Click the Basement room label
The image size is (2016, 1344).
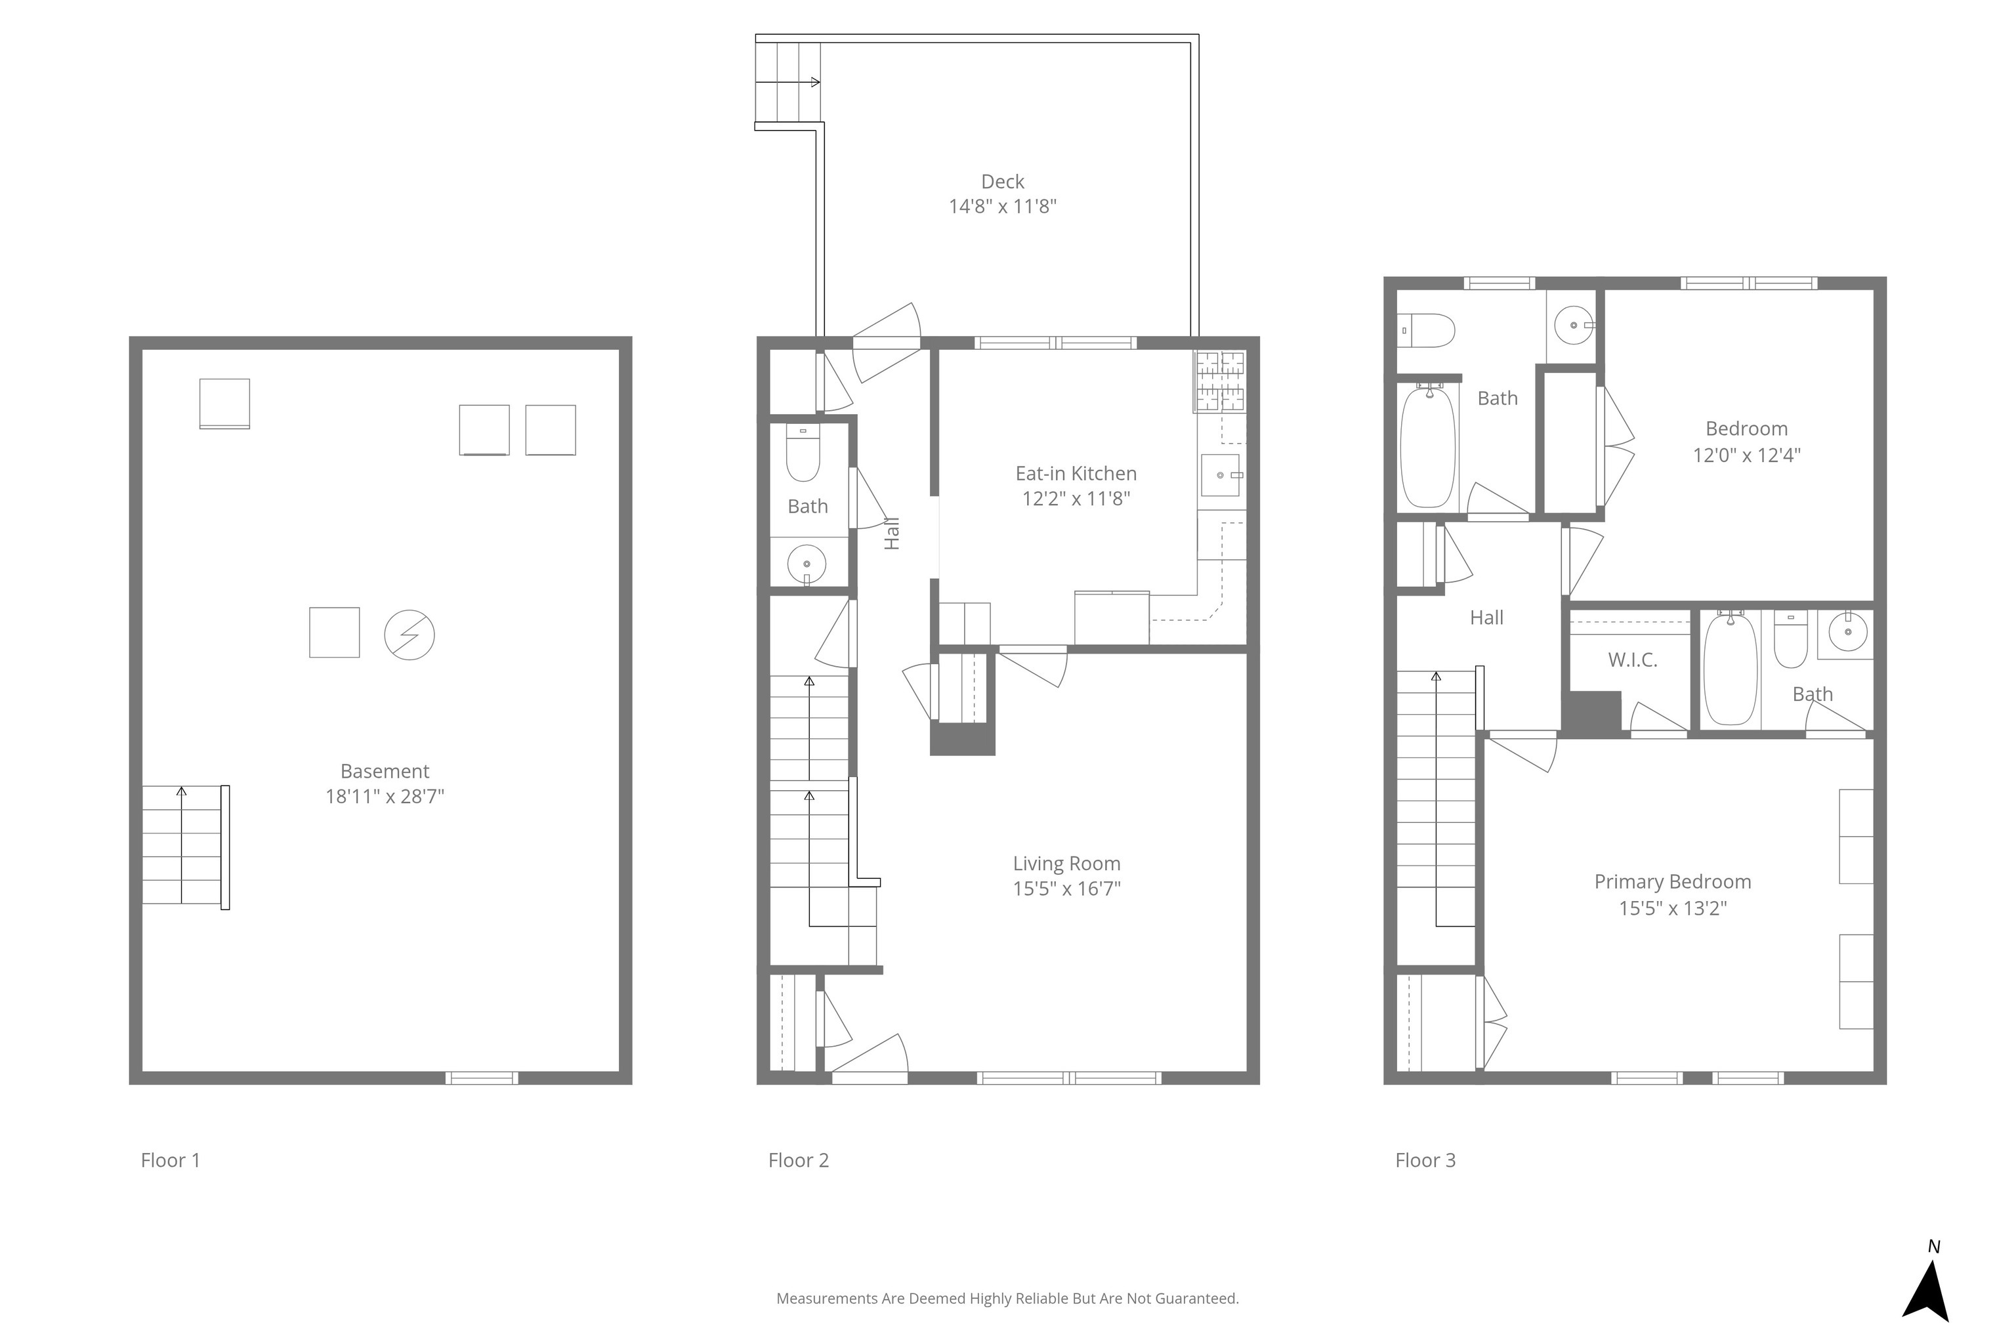pos(385,772)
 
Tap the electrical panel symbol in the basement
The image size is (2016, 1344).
pos(409,635)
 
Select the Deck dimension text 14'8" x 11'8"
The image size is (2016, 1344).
pos(1002,207)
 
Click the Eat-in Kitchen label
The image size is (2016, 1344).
pos(1076,473)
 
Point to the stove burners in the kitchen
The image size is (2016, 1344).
pos(1221,381)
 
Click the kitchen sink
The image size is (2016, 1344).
pos(1221,475)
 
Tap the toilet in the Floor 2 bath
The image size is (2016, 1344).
pos(803,453)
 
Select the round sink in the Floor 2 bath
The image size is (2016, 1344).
pos(807,564)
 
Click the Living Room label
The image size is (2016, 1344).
pos(1066,864)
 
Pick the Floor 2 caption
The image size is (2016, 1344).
pos(798,1160)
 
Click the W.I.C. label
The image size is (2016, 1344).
pos(1632,660)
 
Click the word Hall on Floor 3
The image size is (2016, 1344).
pos(1486,618)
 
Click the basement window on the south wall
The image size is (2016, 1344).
pos(482,1078)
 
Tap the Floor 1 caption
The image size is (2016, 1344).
pos(170,1160)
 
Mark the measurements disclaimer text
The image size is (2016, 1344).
pos(1007,1299)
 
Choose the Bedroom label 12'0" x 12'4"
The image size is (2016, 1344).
pos(1746,442)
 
